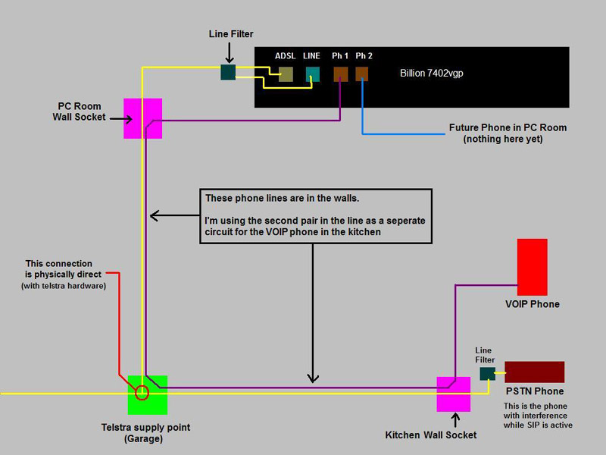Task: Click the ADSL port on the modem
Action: coord(286,74)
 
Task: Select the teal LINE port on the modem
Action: coord(313,74)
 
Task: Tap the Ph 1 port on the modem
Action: coord(340,74)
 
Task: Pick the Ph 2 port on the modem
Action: coord(362,74)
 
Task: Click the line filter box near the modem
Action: coord(228,72)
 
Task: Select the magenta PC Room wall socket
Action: coord(143,118)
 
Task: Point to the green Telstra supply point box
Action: coord(148,395)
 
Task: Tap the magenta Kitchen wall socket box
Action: coord(454,394)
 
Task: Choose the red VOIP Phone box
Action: coord(532,267)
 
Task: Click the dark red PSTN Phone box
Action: coord(534,372)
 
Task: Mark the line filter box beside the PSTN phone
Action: coord(487,373)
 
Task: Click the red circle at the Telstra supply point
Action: coord(142,392)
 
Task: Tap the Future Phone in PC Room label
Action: coord(508,127)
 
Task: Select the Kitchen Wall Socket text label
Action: coord(431,435)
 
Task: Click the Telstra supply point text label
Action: coord(146,427)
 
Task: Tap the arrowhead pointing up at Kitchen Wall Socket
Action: coord(454,416)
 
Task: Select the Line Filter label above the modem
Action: coord(231,35)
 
